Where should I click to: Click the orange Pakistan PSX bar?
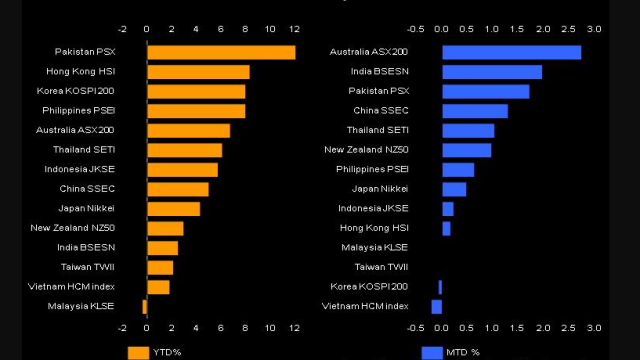click(x=221, y=52)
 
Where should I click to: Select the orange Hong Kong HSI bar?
click(x=198, y=72)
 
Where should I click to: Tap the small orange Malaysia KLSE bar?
click(x=144, y=306)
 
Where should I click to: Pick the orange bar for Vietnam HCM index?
click(x=158, y=287)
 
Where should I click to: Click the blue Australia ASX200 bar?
click(x=511, y=52)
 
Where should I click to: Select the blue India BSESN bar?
click(x=492, y=72)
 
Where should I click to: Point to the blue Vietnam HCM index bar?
click(x=436, y=306)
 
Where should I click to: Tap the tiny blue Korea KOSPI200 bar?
click(x=440, y=287)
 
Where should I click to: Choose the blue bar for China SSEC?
click(x=475, y=111)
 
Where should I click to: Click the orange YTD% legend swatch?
click(x=138, y=352)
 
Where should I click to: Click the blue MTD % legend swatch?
click(x=432, y=352)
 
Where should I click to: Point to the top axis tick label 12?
click(x=294, y=29)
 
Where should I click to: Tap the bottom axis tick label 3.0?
click(x=594, y=328)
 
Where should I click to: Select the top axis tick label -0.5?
click(x=415, y=29)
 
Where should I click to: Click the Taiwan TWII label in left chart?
click(x=87, y=267)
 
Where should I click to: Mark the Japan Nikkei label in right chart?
click(x=380, y=189)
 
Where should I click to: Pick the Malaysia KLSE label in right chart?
click(x=374, y=247)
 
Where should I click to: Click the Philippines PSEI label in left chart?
click(x=78, y=110)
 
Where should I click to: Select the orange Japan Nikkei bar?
click(x=173, y=209)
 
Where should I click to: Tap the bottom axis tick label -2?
click(x=122, y=328)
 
